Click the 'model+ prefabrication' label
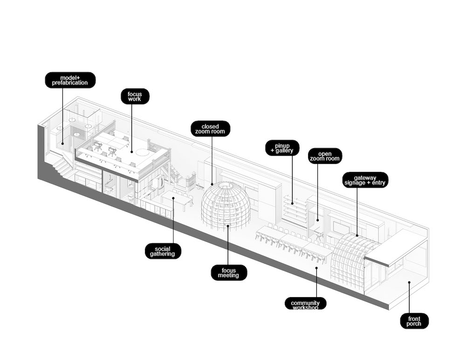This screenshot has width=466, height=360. coord(70,80)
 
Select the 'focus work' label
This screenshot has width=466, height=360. coord(135,96)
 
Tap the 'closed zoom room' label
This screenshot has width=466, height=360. coord(211,129)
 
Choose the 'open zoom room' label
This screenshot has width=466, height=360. coord(325,156)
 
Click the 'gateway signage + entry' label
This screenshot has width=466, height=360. coord(365,180)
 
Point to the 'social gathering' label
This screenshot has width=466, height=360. coord(163,251)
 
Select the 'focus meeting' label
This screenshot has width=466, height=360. coord(228,272)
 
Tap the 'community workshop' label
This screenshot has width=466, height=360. coord(305,304)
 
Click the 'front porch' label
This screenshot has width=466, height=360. coord(414,321)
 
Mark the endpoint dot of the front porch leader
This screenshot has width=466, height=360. coord(409,282)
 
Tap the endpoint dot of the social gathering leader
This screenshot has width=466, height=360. coord(173,198)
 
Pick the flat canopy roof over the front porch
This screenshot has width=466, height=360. coord(399,246)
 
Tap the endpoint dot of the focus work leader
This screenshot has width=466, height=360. coord(132,151)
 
